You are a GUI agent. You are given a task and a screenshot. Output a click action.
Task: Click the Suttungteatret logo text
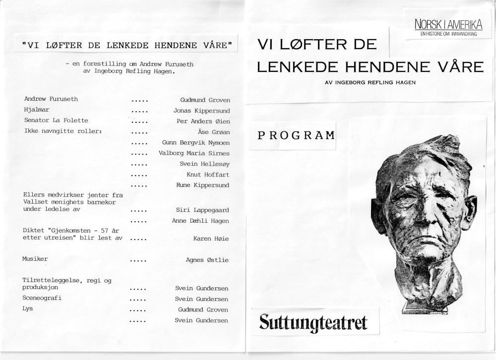(313, 322)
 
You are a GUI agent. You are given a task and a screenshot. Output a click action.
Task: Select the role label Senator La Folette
(56, 120)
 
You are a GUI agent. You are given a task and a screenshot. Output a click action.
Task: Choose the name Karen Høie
(211, 239)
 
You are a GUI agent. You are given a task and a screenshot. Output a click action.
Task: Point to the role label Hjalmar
(37, 110)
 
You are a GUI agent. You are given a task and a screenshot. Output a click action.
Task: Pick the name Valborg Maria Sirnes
(194, 153)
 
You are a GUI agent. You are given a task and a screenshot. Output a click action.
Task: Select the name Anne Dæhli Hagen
(200, 221)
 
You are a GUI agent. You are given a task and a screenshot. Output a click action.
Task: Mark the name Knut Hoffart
(208, 175)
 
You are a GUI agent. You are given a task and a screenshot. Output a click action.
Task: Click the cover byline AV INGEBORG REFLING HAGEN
(370, 82)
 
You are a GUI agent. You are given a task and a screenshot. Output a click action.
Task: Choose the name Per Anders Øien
(203, 121)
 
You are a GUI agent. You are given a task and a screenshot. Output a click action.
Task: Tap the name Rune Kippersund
(203, 185)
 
